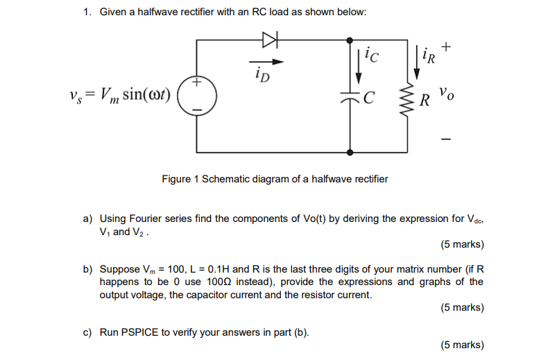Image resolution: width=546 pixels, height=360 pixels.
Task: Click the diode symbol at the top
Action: point(269,41)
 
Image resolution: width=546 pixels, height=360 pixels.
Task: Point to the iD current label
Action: point(262,71)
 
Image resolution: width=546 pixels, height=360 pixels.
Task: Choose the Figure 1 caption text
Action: point(275,179)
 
